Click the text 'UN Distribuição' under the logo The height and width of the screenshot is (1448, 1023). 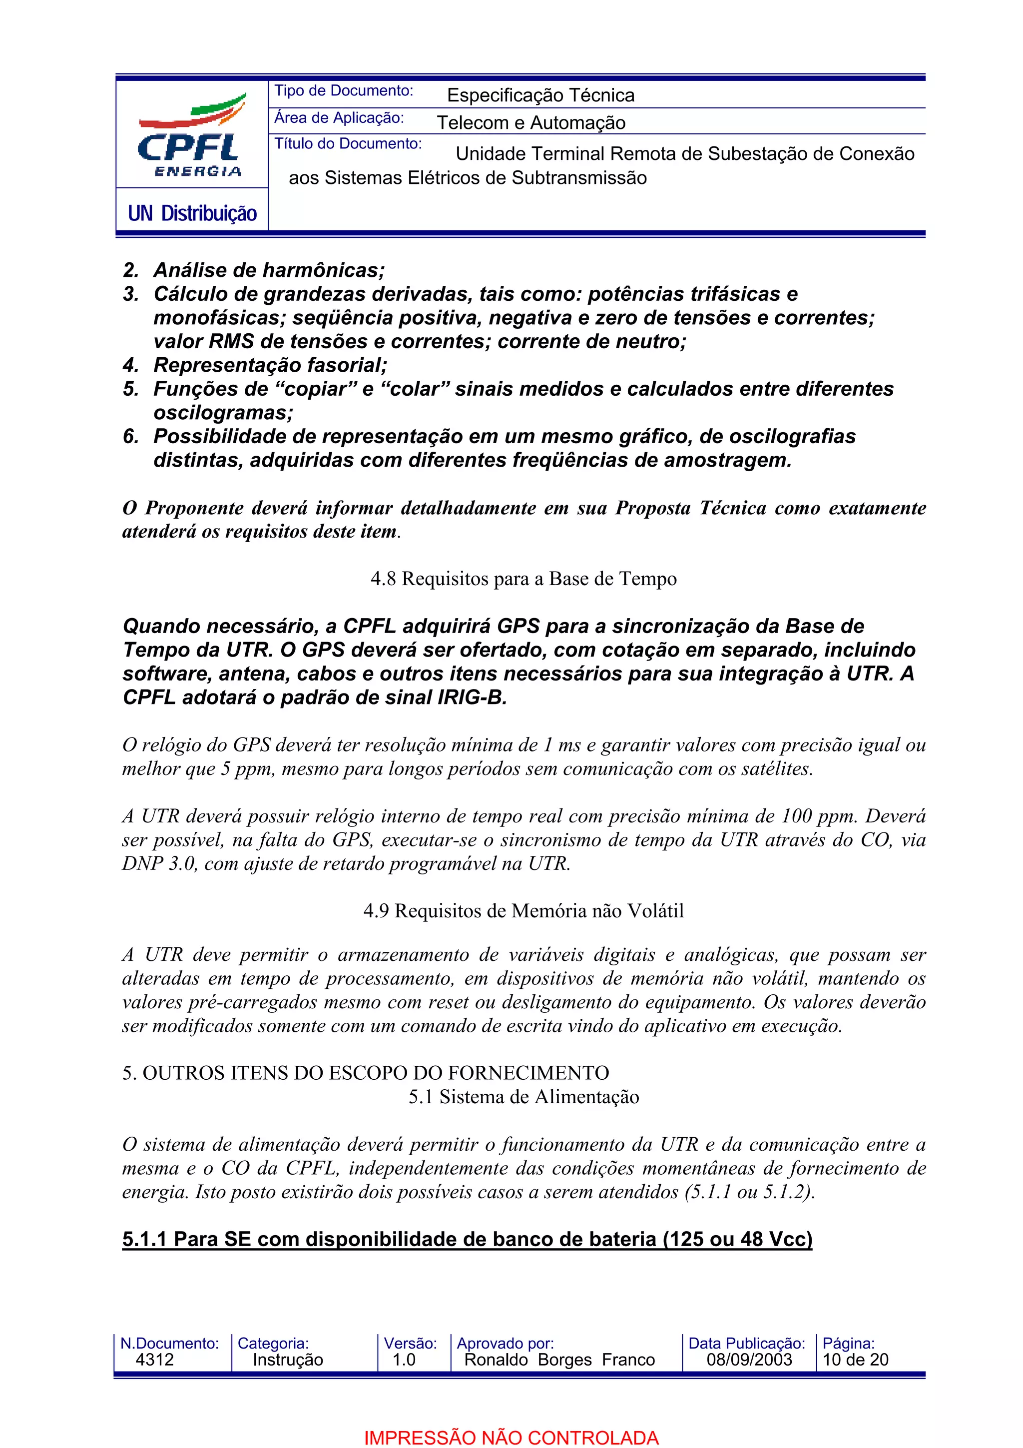click(192, 213)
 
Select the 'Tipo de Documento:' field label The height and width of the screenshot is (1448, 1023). click(344, 91)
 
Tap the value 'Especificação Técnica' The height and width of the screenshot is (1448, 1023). click(540, 95)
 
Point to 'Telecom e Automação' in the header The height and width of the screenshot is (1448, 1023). click(530, 122)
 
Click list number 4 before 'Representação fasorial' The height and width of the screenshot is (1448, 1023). click(130, 365)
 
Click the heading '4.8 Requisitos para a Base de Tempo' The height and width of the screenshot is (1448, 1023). click(523, 579)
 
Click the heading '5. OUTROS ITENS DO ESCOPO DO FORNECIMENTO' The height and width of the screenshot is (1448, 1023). click(366, 1073)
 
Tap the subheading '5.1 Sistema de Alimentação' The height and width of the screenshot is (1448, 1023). click(523, 1097)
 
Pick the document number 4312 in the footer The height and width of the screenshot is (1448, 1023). click(154, 1360)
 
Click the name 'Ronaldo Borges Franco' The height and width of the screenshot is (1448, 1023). click(559, 1360)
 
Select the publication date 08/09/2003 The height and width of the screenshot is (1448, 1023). click(749, 1360)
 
